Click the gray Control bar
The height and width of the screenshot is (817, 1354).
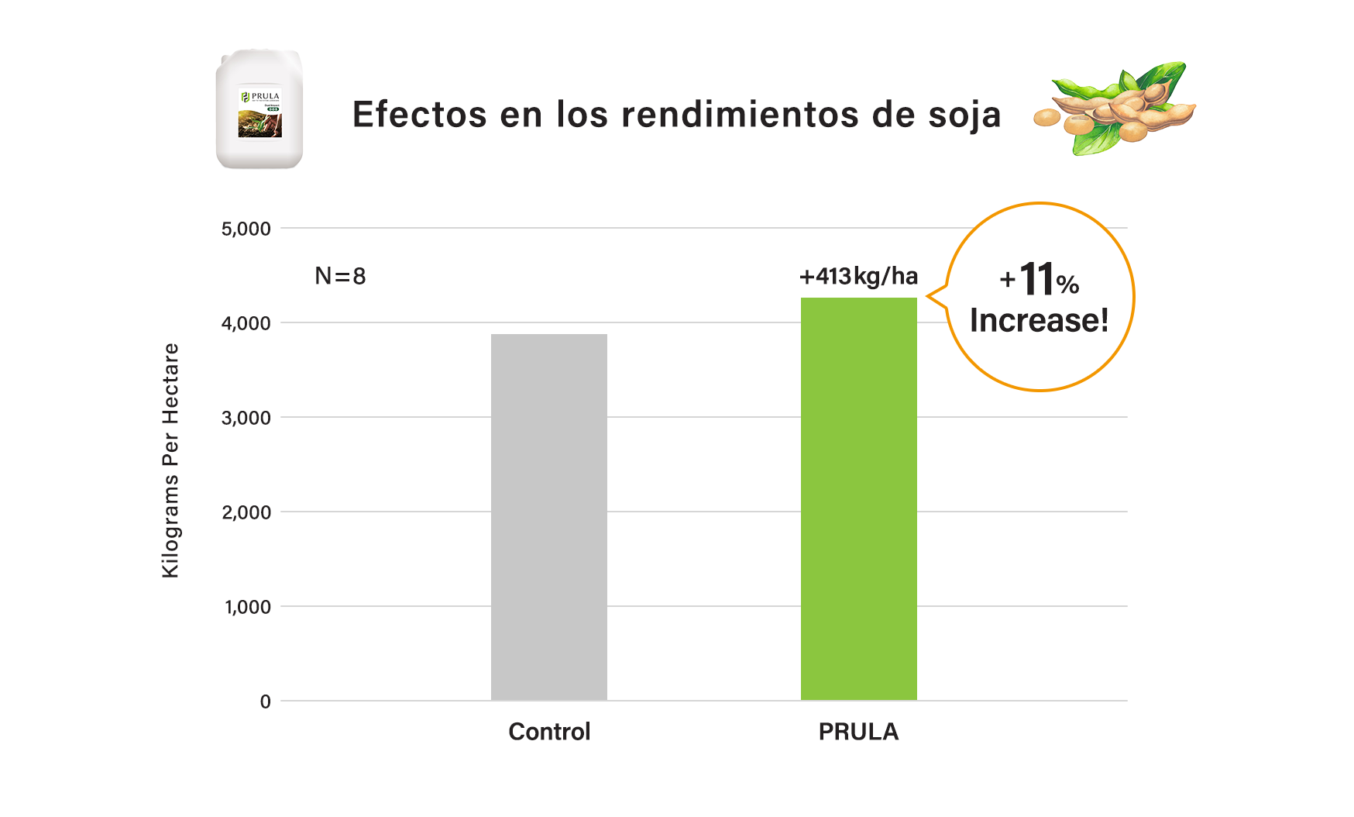tap(548, 517)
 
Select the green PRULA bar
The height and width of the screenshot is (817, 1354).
tap(858, 498)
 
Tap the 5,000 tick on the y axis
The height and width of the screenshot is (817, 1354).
tap(246, 229)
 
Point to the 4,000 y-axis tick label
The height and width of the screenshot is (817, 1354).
tap(246, 323)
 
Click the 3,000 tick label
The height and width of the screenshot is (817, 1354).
tap(246, 418)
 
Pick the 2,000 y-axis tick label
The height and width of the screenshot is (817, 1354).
tap(246, 512)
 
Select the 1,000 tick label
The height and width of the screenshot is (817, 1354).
tap(248, 607)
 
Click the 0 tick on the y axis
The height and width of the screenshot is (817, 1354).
tap(266, 702)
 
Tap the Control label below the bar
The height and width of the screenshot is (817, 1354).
tap(549, 731)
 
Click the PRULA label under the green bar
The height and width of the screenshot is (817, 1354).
tap(858, 731)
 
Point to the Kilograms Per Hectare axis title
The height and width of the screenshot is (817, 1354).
tap(170, 460)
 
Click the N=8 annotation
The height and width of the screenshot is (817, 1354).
tap(340, 276)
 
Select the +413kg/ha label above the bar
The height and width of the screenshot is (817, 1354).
tap(858, 276)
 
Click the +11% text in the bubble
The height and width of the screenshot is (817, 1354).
tap(1039, 280)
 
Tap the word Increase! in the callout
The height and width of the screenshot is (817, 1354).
tap(1039, 320)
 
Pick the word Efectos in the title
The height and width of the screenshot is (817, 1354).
tap(420, 115)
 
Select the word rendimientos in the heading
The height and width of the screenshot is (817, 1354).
tap(740, 115)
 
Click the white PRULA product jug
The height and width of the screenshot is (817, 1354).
tap(259, 109)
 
